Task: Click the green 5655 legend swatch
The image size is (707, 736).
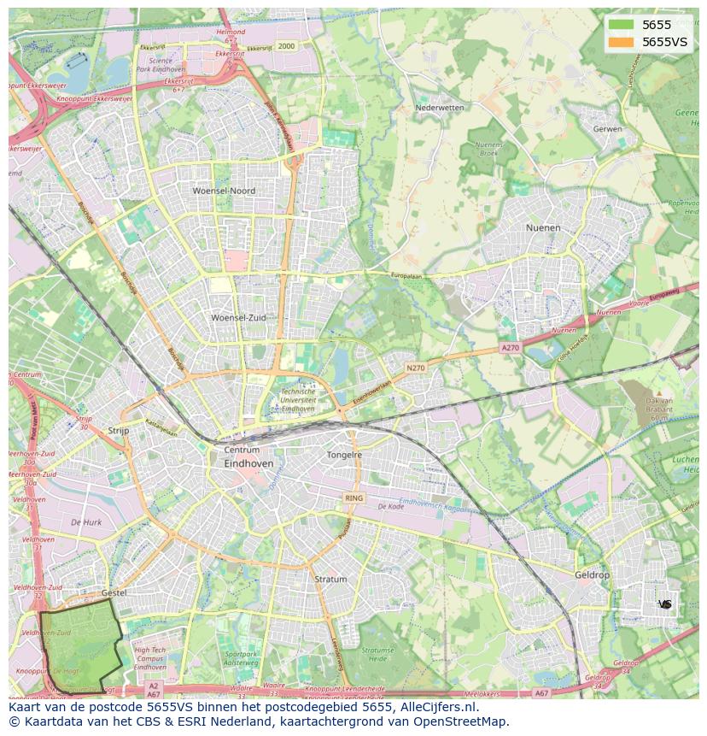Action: (x=622, y=25)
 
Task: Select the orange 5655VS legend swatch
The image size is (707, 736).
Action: (x=622, y=42)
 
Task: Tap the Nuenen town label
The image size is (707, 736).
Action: (x=543, y=228)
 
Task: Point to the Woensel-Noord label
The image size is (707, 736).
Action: (x=224, y=191)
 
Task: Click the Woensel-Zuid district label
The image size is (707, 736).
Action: (x=238, y=317)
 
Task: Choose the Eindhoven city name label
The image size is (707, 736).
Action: (x=248, y=463)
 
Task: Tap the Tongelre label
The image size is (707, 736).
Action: (x=344, y=455)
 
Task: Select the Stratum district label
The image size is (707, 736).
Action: (x=330, y=579)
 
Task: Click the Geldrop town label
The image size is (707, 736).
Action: (x=593, y=575)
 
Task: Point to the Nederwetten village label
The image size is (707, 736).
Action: (x=439, y=108)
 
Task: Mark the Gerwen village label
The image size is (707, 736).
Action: (x=607, y=128)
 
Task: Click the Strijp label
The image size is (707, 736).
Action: (x=119, y=431)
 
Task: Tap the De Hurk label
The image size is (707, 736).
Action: (x=86, y=521)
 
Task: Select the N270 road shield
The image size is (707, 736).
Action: (x=415, y=368)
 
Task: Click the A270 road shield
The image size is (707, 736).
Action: (x=510, y=348)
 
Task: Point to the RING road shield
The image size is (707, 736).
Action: (x=353, y=498)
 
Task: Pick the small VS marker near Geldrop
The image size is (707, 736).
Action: (x=665, y=604)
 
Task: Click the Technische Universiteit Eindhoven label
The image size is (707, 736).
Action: (x=298, y=400)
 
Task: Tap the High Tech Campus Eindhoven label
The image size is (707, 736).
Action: (x=150, y=658)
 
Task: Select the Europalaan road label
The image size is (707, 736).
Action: (x=407, y=275)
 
